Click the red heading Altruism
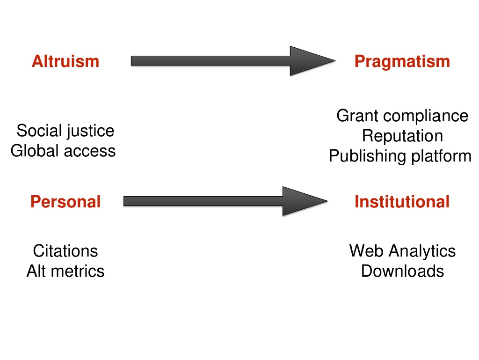click(x=65, y=61)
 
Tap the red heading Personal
click(x=65, y=202)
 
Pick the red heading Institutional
click(x=402, y=202)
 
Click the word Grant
click(x=357, y=116)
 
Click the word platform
click(x=441, y=157)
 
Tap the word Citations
click(x=65, y=251)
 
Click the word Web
click(x=367, y=251)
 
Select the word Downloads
click(x=402, y=271)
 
